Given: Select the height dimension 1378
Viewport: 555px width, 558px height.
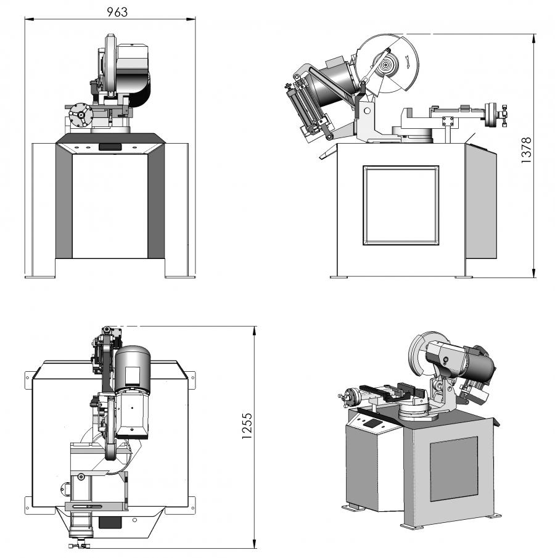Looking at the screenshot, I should coord(525,150).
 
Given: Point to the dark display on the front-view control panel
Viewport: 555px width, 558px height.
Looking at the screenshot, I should coord(110,147).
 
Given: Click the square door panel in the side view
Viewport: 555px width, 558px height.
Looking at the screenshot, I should coord(401,205).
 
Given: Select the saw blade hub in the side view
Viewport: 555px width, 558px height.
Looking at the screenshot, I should coord(387,65).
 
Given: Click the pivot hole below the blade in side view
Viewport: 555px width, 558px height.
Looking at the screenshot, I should coord(366,111).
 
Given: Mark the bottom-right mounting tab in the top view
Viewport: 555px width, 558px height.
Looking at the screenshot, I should coord(192,503).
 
